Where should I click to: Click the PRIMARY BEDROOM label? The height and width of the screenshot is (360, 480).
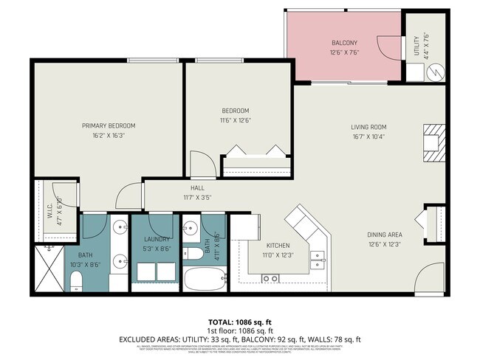(x=108, y=125)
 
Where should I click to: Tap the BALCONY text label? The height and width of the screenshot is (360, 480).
(x=343, y=43)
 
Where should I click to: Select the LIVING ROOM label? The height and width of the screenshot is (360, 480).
(x=368, y=127)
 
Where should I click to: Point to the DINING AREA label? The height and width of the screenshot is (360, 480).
(x=385, y=235)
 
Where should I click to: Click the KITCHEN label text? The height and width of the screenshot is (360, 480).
(x=278, y=246)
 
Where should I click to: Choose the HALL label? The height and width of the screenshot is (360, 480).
(x=197, y=188)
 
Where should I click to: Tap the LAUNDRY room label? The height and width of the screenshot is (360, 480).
(x=157, y=239)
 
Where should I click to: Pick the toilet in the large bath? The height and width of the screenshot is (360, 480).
(x=76, y=280)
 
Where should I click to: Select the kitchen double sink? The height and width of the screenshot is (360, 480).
(x=319, y=258)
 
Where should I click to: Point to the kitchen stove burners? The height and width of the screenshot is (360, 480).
(x=270, y=278)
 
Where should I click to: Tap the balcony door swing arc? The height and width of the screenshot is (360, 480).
(x=386, y=49)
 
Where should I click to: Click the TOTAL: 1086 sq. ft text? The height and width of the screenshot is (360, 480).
(x=239, y=322)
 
